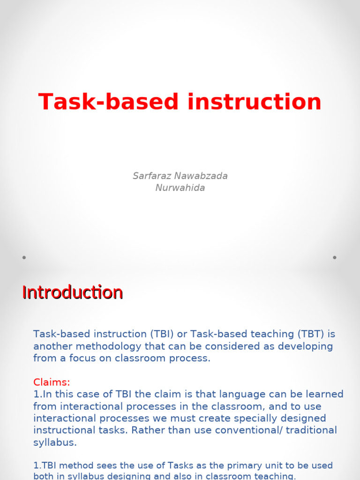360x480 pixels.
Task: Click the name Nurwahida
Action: coord(180,188)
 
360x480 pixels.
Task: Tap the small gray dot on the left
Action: coord(24,257)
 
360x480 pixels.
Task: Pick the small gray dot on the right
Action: coord(335,257)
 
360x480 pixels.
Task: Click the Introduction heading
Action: coord(72,292)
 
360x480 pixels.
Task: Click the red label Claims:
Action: coord(52,382)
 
